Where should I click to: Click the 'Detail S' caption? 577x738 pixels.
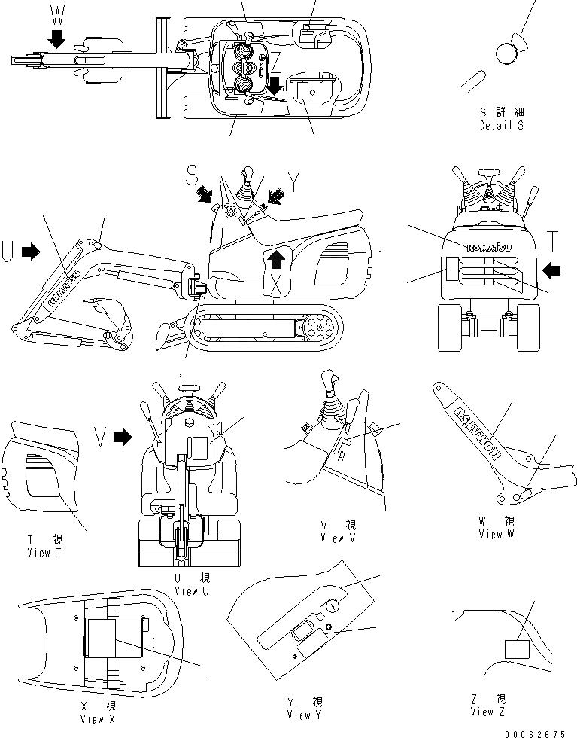pos(501,126)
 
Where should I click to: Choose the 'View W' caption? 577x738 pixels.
pos(496,533)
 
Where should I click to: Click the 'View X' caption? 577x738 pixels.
pos(97,719)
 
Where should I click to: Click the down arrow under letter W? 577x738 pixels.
pos(56,38)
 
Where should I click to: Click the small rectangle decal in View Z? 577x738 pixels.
pos(515,650)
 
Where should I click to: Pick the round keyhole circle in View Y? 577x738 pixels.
pos(335,603)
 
